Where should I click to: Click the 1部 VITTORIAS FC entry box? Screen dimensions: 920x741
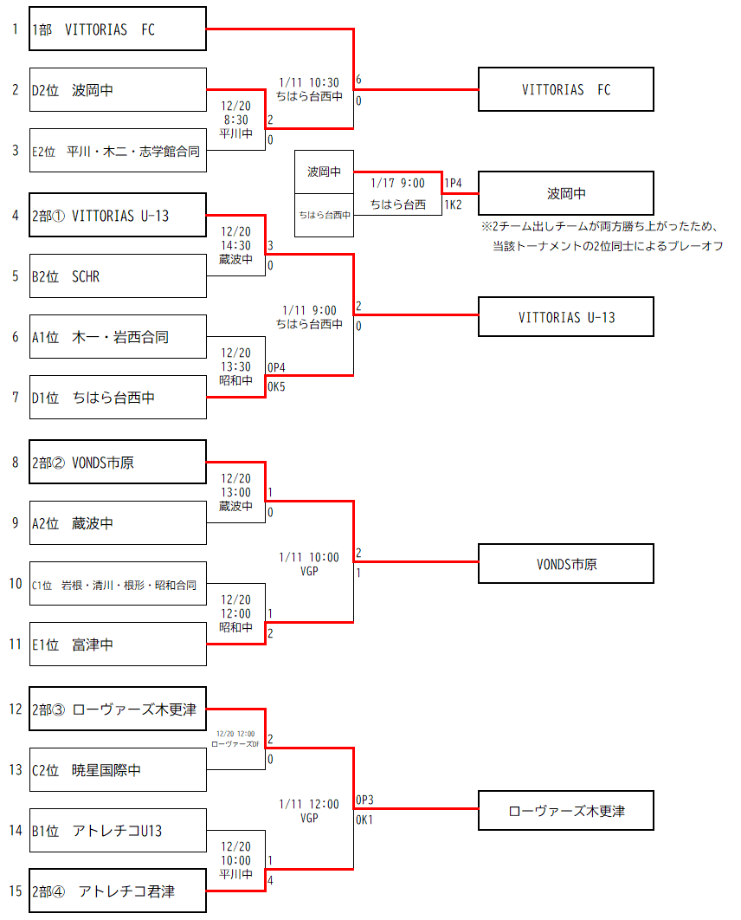[x=118, y=29]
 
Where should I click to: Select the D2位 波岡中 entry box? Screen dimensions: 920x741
[x=118, y=90]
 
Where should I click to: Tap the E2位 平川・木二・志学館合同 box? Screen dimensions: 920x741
[x=118, y=152]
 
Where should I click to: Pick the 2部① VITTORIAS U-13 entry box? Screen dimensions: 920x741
[x=118, y=216]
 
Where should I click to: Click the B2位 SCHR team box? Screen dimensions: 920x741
[x=118, y=276]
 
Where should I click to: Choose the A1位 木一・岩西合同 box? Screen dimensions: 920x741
[x=118, y=337]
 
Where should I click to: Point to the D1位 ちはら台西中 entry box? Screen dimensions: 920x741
[x=118, y=398]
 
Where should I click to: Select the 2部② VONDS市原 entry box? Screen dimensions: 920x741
[x=118, y=463]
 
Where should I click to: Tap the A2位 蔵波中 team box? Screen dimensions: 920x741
[x=118, y=523]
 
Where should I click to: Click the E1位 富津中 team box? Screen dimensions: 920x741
[x=118, y=645]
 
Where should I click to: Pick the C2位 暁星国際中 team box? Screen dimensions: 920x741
[x=118, y=769]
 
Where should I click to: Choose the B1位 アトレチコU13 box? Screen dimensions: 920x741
[x=118, y=831]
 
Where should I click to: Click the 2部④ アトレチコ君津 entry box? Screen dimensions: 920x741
[x=118, y=891]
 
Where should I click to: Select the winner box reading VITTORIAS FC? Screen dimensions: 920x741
[x=566, y=90]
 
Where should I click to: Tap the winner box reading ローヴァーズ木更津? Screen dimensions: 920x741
[x=566, y=812]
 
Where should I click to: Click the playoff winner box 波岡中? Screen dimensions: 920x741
[x=566, y=193]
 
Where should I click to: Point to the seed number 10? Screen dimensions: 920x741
[x=16, y=584]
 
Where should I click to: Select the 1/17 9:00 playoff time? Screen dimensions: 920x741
[x=397, y=184]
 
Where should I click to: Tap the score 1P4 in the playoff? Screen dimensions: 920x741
[x=454, y=184]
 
